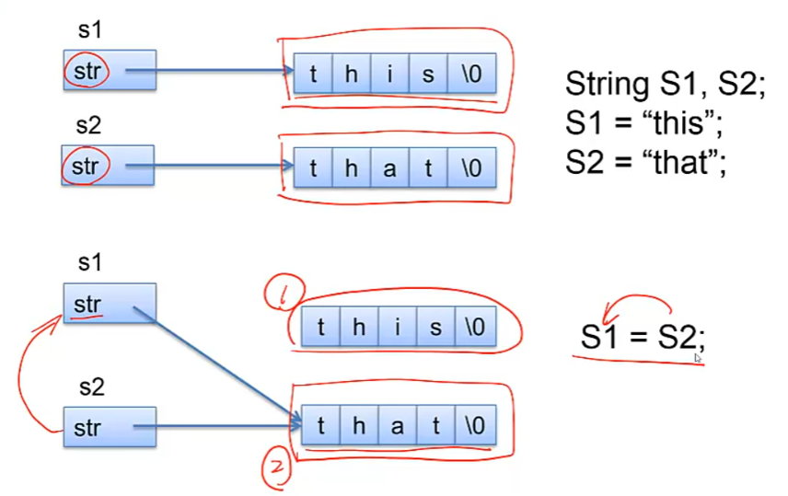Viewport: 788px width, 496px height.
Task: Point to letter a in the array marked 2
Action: click(x=399, y=426)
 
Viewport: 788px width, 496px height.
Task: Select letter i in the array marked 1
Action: click(x=398, y=327)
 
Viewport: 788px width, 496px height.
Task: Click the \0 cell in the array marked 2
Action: click(x=475, y=426)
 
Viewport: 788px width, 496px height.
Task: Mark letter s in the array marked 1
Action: click(x=436, y=327)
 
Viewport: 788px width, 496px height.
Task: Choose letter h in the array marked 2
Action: click(x=360, y=426)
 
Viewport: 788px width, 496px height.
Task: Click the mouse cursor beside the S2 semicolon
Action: click(x=699, y=359)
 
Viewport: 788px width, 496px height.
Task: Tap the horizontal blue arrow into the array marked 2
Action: click(x=221, y=426)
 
